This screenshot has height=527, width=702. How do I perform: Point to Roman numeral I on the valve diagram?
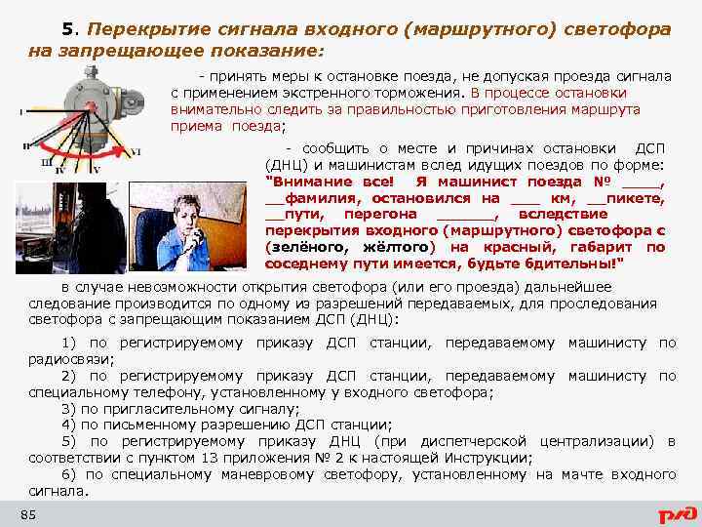[x=21, y=112]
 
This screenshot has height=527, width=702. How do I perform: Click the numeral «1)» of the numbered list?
[x=69, y=344]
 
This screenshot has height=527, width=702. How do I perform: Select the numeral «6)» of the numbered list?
[x=69, y=475]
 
